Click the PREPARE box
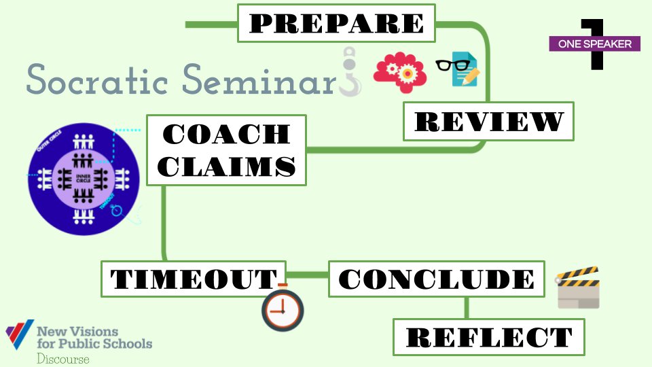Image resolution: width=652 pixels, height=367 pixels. (x=336, y=22)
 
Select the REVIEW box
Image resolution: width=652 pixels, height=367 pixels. (x=488, y=122)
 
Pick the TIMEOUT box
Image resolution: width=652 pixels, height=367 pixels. (x=193, y=279)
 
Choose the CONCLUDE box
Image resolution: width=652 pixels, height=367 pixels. (x=436, y=279)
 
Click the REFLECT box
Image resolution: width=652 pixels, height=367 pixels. (x=488, y=336)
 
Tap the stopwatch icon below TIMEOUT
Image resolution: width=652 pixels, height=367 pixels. (x=283, y=309)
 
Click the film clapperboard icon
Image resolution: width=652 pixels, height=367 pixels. (x=577, y=287)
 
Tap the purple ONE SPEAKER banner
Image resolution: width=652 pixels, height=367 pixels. (x=594, y=44)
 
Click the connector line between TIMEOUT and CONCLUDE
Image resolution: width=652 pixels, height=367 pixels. (x=307, y=275)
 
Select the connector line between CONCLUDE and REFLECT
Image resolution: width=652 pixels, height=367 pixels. (x=466, y=307)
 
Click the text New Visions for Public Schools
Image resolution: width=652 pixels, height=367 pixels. (x=94, y=337)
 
